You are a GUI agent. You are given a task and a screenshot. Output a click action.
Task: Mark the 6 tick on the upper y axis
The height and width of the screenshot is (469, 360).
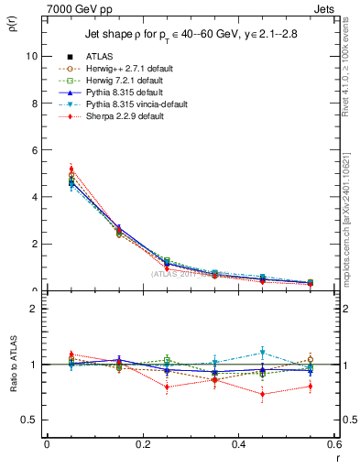click(34, 150)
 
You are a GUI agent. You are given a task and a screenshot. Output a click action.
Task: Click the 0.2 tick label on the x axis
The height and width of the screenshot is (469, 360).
click(142, 444)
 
